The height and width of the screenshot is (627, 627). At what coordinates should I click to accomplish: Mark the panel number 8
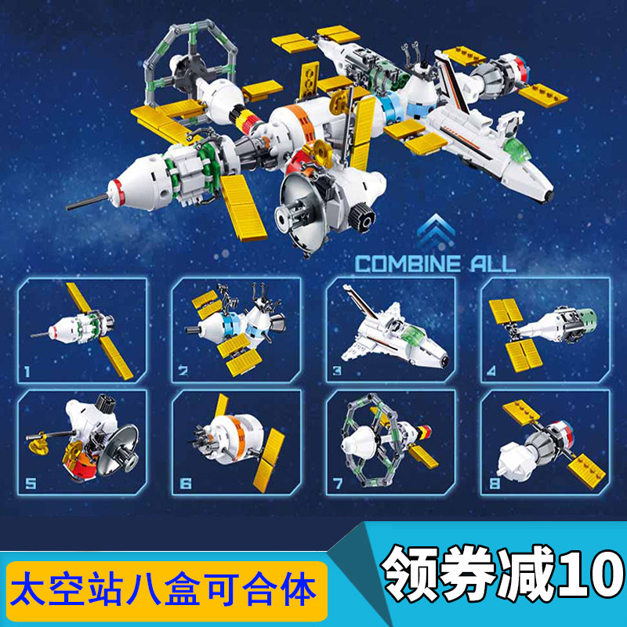(494, 484)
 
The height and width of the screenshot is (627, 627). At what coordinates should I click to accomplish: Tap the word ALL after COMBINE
(489, 263)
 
